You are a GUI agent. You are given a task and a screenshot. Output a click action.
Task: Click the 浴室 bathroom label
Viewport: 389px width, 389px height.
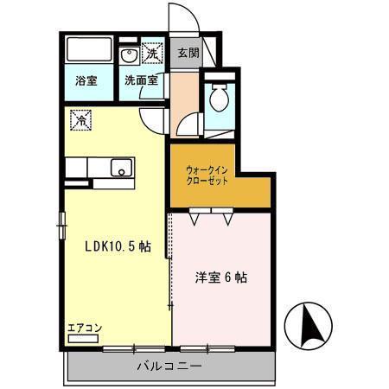(x=86, y=80)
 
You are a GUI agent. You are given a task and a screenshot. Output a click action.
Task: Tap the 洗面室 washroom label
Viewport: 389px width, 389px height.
(x=140, y=80)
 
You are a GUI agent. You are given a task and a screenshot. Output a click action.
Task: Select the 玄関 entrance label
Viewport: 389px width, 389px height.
(x=188, y=52)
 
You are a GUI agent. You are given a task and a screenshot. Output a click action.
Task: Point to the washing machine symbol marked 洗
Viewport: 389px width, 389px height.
(x=152, y=54)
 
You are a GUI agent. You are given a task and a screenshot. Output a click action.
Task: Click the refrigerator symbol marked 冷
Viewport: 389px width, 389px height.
(x=80, y=120)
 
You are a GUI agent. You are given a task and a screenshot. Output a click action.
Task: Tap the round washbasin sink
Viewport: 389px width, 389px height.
(x=129, y=56)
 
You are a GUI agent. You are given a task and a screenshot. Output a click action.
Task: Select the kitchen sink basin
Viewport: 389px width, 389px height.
(x=121, y=169)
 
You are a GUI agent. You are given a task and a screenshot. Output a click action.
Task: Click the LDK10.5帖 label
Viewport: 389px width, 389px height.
(x=118, y=246)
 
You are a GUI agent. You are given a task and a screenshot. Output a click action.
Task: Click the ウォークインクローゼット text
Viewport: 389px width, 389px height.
(x=207, y=176)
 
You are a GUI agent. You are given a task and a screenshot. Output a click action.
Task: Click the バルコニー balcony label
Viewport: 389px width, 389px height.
(x=169, y=367)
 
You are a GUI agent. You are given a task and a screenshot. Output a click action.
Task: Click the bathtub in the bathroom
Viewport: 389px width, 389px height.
(x=89, y=51)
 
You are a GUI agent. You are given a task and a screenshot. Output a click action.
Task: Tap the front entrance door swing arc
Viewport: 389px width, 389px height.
(x=179, y=19)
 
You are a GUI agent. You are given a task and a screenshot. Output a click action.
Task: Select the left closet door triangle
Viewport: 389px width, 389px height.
(x=197, y=219)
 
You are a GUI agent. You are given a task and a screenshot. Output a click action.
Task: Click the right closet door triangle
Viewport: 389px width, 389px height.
(x=227, y=219)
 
